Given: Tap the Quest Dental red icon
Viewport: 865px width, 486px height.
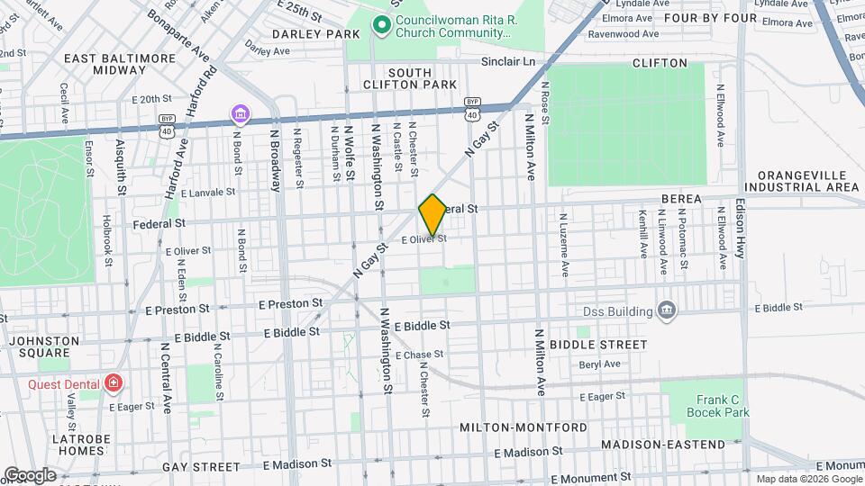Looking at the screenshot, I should (113, 383).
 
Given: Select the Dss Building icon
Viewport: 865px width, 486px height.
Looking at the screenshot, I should (666, 311).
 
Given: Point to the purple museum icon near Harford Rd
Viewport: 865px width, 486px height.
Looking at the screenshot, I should (241, 114).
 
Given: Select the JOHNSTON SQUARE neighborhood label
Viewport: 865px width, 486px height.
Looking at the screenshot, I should (39, 346).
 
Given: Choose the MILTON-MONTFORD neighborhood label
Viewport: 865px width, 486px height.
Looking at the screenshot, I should (523, 427).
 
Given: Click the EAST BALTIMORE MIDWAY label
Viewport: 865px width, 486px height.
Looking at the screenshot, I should (120, 63).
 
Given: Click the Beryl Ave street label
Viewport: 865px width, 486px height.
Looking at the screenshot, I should (600, 364).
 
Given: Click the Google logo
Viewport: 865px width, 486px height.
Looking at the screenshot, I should (30, 475).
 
